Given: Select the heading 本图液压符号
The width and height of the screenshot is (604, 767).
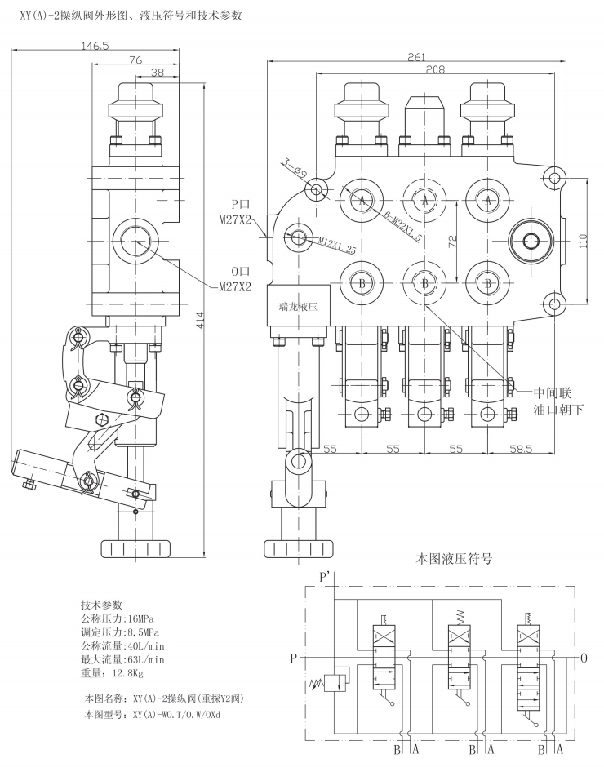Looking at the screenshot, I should click(x=455, y=559).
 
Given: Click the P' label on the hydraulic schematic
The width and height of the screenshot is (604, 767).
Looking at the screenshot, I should click(x=325, y=577).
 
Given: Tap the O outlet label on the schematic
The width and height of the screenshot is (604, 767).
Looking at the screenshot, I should click(x=582, y=658).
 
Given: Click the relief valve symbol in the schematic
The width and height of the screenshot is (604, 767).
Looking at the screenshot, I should click(x=331, y=681).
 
